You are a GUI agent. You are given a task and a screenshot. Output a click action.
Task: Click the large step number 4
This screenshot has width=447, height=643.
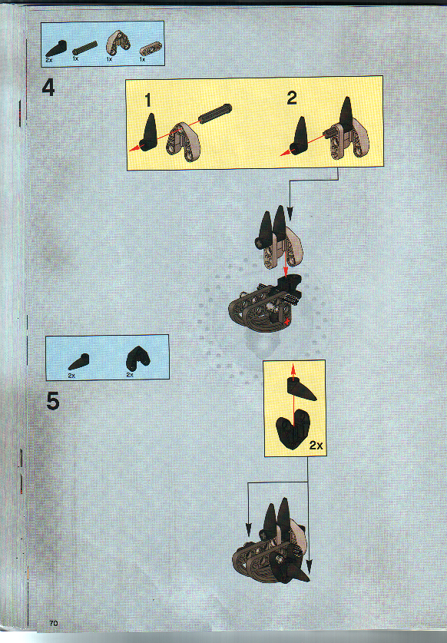point(48,88)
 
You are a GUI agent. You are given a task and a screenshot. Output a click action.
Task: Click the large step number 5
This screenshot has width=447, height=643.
point(53,401)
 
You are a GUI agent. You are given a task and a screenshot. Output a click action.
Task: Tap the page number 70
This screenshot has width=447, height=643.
point(54,623)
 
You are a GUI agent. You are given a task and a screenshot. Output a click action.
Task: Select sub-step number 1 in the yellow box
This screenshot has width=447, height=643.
point(148,101)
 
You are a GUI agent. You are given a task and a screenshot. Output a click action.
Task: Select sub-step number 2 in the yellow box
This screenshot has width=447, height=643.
point(292,98)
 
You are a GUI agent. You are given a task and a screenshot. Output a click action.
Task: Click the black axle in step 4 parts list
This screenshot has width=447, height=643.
point(85,48)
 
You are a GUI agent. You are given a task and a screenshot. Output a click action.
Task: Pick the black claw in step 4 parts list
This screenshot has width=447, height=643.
point(56,48)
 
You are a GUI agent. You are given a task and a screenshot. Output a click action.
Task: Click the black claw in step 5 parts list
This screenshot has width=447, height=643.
point(78,361)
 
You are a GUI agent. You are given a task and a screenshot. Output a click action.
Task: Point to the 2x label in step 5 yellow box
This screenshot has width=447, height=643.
point(316,445)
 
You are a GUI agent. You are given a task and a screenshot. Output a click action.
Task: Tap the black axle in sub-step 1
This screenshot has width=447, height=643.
point(215,113)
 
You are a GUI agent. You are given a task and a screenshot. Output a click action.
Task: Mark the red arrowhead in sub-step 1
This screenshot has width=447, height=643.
point(134,148)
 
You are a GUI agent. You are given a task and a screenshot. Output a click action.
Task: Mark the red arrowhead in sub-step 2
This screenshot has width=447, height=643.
point(285,153)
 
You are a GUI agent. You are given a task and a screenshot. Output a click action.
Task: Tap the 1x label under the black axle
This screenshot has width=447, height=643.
point(75,59)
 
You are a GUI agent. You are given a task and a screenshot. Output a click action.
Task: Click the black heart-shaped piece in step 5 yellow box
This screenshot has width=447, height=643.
point(293,429)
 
